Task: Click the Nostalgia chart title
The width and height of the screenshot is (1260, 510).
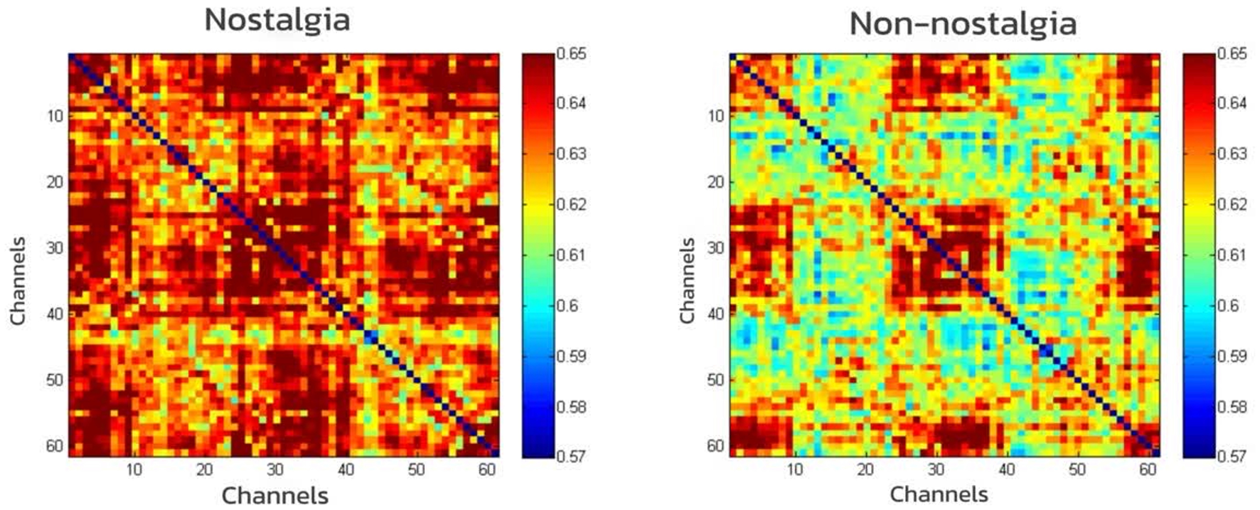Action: coord(277,19)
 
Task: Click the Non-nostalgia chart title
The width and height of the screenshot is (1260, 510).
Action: coord(963,23)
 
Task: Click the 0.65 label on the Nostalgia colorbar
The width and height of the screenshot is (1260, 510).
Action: coord(572,53)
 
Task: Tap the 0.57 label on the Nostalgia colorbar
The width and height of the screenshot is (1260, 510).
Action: coord(572,456)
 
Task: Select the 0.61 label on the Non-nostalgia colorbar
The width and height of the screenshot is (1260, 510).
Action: coord(1232,255)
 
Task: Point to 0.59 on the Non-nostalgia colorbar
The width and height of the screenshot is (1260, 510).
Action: coord(1232,356)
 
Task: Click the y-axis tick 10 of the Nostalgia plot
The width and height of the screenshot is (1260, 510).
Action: coord(55,115)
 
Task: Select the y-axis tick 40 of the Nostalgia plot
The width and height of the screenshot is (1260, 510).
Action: coord(55,314)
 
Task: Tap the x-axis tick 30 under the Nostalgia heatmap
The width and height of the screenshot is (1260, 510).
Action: coord(275,469)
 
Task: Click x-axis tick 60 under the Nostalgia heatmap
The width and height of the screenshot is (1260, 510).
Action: coord(487,469)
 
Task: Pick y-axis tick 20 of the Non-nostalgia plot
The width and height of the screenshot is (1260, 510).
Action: coord(716,181)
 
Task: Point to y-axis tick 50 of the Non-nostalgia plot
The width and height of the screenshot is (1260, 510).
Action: coord(716,380)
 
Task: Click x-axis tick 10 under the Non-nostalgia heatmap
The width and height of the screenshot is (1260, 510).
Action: coord(795,469)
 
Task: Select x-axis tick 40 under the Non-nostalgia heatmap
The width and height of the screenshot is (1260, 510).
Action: coord(1006,469)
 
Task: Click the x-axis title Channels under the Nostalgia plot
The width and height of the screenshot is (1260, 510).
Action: coord(274,495)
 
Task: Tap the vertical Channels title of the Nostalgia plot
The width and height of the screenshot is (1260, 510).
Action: coord(18,281)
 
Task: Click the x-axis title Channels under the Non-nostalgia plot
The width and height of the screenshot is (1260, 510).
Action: coord(939,494)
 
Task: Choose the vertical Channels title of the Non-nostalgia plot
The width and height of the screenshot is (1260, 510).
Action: coord(687,281)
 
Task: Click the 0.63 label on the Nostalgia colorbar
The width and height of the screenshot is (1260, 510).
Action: coord(572,154)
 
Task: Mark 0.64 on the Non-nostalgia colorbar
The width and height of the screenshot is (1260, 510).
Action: coord(1232,103)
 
